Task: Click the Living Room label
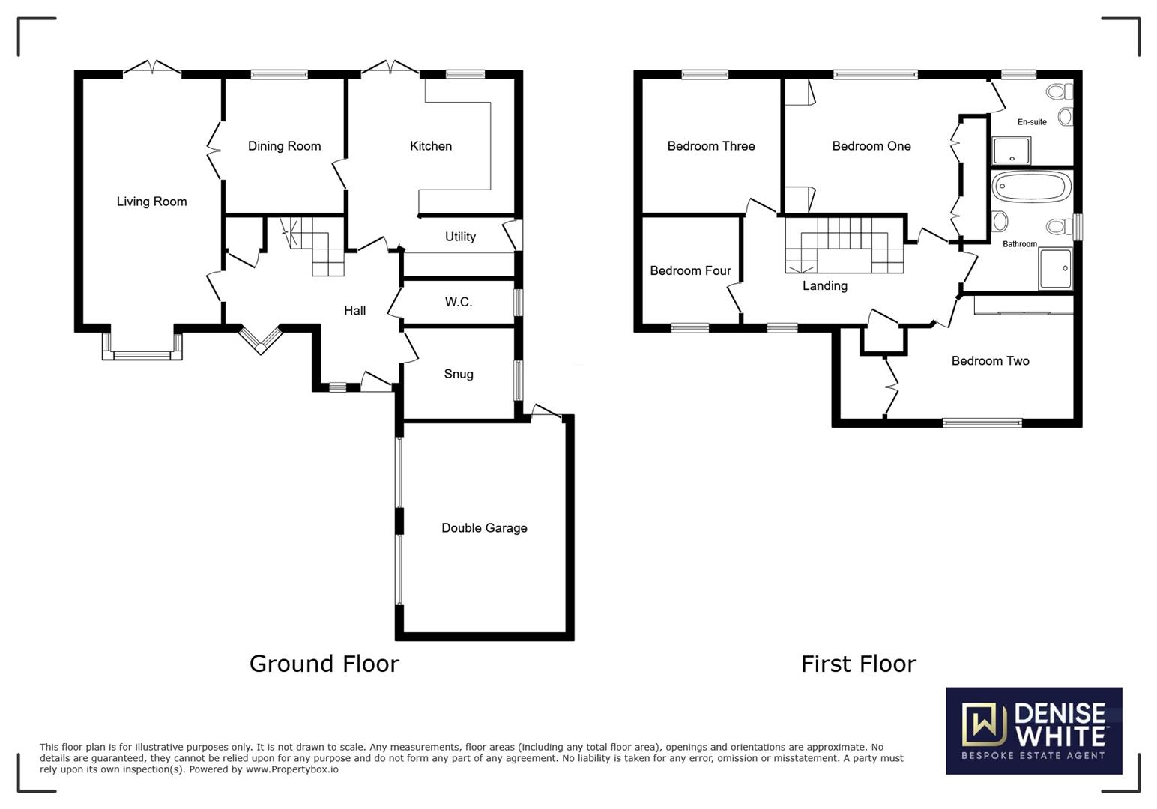pyautogui.click(x=151, y=202)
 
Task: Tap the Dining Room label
pyautogui.click(x=284, y=146)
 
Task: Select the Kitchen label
pyautogui.click(x=431, y=146)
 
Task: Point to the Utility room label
pyautogui.click(x=460, y=237)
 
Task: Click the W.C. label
pyautogui.click(x=459, y=302)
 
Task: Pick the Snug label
pyautogui.click(x=459, y=374)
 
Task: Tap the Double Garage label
pyautogui.click(x=485, y=527)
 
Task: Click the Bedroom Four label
pyautogui.click(x=691, y=270)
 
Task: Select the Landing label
pyautogui.click(x=825, y=285)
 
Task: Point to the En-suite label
pyautogui.click(x=1032, y=122)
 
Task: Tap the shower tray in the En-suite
pyautogui.click(x=1012, y=151)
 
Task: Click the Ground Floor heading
pyautogui.click(x=324, y=664)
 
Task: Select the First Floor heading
pyautogui.click(x=859, y=664)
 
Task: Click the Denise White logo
pyautogui.click(x=1033, y=730)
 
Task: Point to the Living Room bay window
pyautogui.click(x=142, y=346)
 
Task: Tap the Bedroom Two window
pyautogui.click(x=982, y=422)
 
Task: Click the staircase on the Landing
pyautogui.click(x=845, y=245)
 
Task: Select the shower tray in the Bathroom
pyautogui.click(x=1056, y=269)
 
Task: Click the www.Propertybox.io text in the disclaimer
pyautogui.click(x=291, y=769)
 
